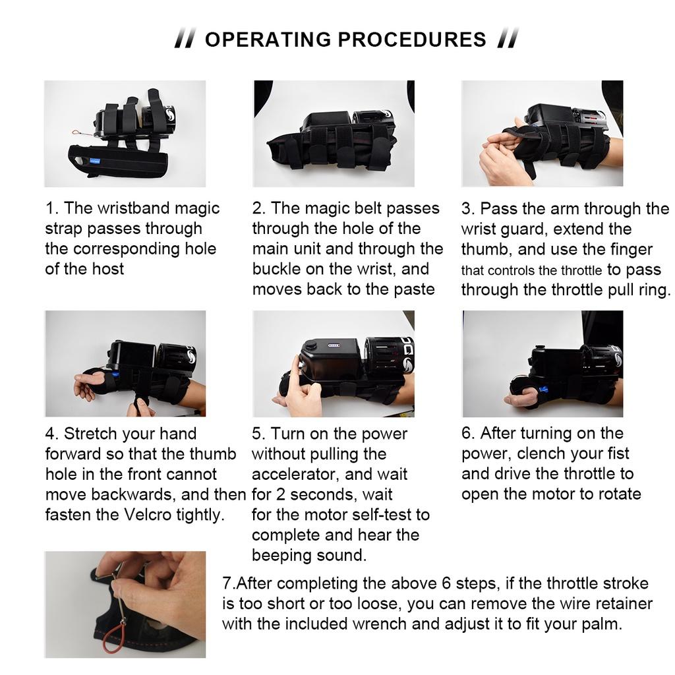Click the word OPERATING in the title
(x=268, y=40)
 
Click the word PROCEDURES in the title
(x=412, y=40)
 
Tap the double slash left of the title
(x=185, y=38)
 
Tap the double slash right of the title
(x=508, y=38)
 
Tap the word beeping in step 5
(x=278, y=556)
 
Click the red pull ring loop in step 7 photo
(x=113, y=637)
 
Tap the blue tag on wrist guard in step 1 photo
(x=95, y=161)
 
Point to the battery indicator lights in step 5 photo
(x=334, y=345)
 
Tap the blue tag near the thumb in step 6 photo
(x=543, y=390)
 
